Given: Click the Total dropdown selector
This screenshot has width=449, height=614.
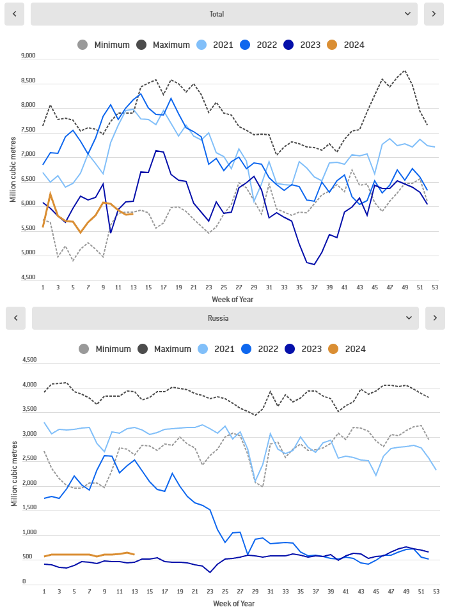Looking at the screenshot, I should click(x=224, y=13).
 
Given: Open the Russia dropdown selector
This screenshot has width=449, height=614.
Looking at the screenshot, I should click(x=224, y=318).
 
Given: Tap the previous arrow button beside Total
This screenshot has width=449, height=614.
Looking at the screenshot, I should click(x=15, y=13).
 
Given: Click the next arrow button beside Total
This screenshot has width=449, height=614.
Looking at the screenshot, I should click(x=434, y=13).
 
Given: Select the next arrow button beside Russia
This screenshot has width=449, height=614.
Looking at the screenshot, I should click(x=434, y=318).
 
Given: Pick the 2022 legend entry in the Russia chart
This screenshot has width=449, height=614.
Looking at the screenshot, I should click(x=259, y=349).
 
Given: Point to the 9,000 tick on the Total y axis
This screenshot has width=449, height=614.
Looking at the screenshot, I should click(x=28, y=56).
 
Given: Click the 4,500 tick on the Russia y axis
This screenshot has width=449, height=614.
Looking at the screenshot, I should click(x=28, y=360).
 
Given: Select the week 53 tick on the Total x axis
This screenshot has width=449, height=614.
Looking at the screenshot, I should click(x=435, y=288).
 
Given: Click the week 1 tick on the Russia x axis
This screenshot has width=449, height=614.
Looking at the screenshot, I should click(x=44, y=592).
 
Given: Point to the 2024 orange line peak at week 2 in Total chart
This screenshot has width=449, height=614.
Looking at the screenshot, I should click(x=51, y=193).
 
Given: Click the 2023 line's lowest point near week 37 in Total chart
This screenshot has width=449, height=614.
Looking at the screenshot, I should click(x=314, y=264).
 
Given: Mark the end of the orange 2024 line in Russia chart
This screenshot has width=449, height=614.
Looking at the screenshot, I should click(x=133, y=554).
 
